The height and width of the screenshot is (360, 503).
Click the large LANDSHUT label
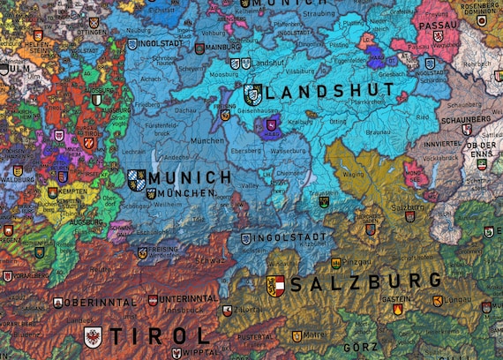329,92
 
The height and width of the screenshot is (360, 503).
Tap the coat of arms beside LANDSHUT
252,94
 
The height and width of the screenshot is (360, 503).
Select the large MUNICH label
191,178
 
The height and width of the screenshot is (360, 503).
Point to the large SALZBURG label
365,283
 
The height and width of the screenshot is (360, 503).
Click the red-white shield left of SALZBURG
275,285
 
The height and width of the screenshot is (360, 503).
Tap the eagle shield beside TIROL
94,336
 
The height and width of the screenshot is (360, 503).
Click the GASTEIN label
396,298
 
